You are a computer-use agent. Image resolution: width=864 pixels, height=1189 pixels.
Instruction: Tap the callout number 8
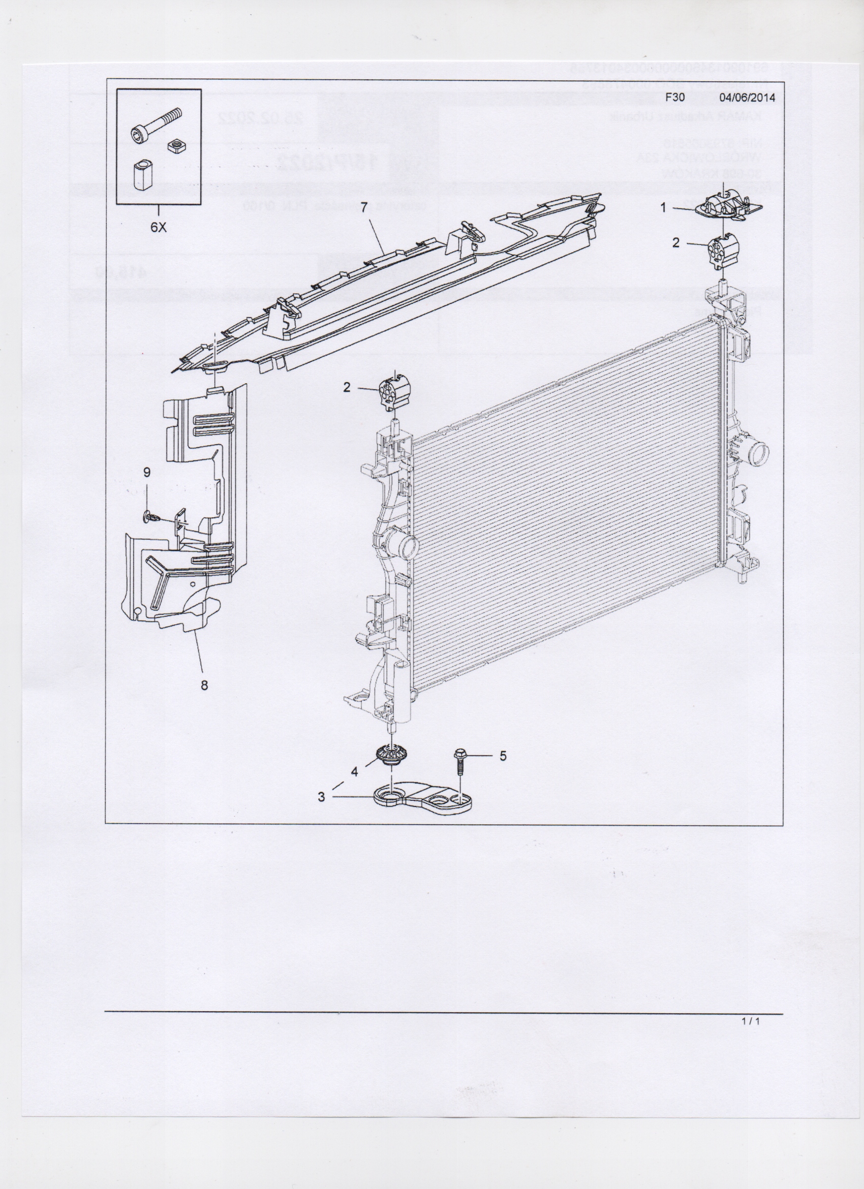[204, 684]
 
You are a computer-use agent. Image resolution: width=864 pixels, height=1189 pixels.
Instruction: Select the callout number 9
[147, 473]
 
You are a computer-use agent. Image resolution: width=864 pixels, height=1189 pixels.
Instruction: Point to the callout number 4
[354, 772]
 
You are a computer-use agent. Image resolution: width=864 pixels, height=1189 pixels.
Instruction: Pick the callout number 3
[321, 797]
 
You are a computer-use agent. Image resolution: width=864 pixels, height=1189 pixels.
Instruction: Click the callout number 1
[663, 208]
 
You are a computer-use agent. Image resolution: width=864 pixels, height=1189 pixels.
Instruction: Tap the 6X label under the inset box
[159, 228]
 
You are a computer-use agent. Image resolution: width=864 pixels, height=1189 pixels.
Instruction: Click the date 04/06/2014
[747, 97]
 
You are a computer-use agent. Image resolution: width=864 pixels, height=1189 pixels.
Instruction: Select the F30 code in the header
[675, 97]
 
